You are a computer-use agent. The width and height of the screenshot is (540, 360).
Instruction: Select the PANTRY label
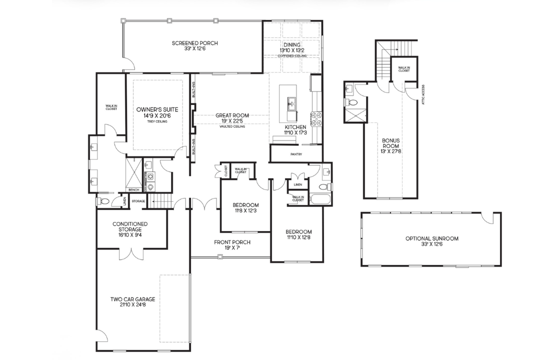pyautogui.click(x=296, y=154)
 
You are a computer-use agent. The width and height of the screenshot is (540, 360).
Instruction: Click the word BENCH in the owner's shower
pyautogui.click(x=133, y=190)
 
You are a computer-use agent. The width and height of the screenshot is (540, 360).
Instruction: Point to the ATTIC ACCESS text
pyautogui.click(x=423, y=94)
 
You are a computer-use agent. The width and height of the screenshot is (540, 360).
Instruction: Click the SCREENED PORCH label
pyautogui.click(x=195, y=43)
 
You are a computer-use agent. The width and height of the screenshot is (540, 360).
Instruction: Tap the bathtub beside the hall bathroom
pyautogui.click(x=320, y=200)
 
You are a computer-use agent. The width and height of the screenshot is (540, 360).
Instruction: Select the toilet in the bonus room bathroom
pyautogui.click(x=352, y=102)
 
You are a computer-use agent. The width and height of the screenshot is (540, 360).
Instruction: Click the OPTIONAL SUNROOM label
pyautogui.click(x=432, y=238)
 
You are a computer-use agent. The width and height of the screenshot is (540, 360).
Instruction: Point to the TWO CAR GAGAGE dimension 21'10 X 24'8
pyautogui.click(x=132, y=305)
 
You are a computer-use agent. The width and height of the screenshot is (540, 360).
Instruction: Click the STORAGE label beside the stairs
pyautogui.click(x=138, y=201)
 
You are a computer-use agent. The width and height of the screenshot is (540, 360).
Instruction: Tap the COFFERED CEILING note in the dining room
pyautogui.click(x=292, y=55)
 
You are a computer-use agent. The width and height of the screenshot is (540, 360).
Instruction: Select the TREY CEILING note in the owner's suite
pyautogui.click(x=157, y=121)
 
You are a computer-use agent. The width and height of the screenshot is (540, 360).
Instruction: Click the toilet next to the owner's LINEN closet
pyautogui.click(x=103, y=201)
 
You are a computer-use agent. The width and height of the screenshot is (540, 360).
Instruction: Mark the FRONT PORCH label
pyautogui.click(x=232, y=242)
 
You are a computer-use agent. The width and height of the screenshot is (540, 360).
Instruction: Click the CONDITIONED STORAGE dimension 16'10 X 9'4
pyautogui.click(x=130, y=235)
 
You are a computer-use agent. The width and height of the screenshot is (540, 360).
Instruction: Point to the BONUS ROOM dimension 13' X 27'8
pyautogui.click(x=391, y=151)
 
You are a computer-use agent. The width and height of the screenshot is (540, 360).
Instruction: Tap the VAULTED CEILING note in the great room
pyautogui.click(x=232, y=126)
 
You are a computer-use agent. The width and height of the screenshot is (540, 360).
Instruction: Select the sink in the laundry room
pyautogui.click(x=148, y=165)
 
